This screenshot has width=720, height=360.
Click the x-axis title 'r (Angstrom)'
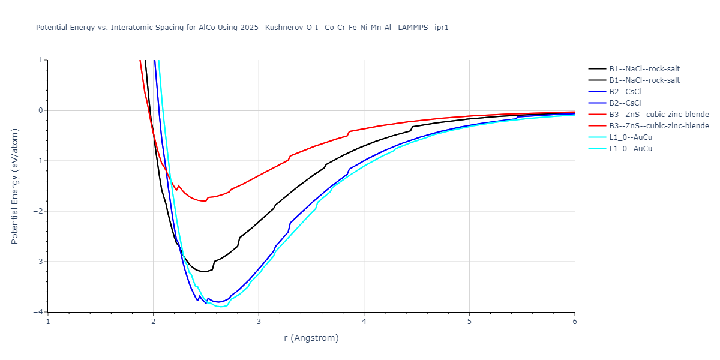(311, 338)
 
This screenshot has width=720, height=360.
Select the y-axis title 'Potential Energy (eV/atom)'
(16, 186)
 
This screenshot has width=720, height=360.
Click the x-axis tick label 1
(48, 321)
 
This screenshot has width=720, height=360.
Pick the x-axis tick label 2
(154, 321)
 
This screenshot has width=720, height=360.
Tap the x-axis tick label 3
(259, 321)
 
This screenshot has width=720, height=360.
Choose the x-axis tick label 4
(364, 321)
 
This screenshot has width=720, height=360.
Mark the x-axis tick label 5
(469, 321)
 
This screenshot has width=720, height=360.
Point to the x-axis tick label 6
(574, 321)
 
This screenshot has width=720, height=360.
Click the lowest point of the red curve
(204, 201)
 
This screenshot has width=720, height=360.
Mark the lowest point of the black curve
(204, 272)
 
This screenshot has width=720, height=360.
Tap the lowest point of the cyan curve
(221, 307)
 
